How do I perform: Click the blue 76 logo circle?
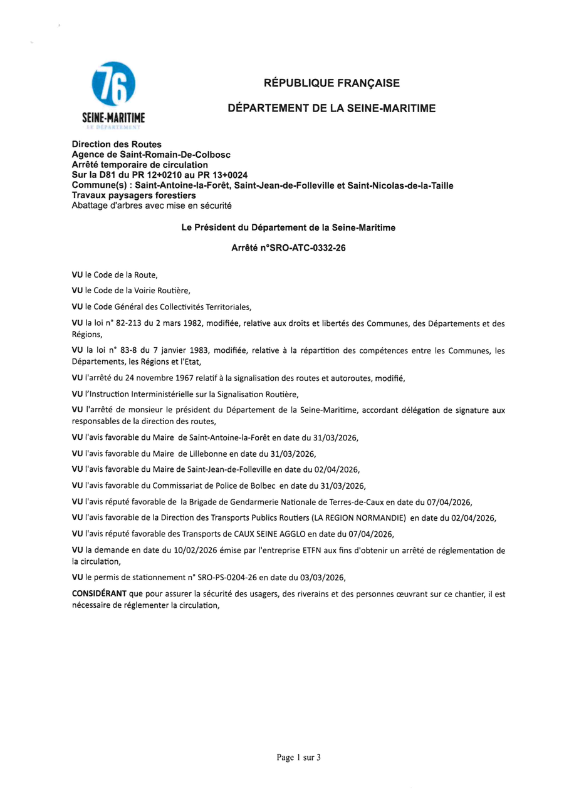(113, 84)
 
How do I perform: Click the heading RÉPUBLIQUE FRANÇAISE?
(332, 83)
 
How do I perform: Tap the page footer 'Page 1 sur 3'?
(298, 757)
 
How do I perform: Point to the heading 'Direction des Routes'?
(117, 144)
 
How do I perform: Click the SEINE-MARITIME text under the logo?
(113, 117)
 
